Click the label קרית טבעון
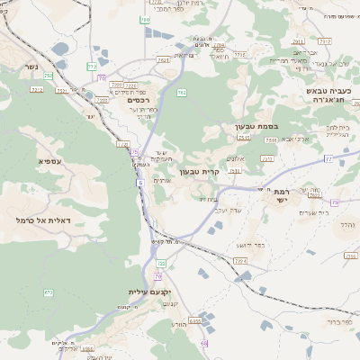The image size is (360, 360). (200, 171)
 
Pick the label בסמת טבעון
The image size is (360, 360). (255, 128)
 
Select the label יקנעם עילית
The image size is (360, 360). (148, 292)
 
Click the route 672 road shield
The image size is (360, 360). (49, 292)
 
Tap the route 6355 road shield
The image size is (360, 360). (208, 317)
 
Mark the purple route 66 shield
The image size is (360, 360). (204, 343)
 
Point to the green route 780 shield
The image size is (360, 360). (144, 18)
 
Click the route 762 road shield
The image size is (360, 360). (182, 92)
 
